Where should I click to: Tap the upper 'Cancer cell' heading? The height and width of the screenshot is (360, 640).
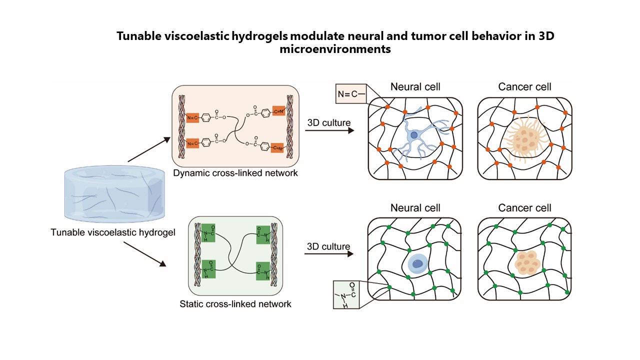pos(524,87)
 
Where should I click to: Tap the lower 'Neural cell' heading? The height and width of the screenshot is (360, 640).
pos(414,207)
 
